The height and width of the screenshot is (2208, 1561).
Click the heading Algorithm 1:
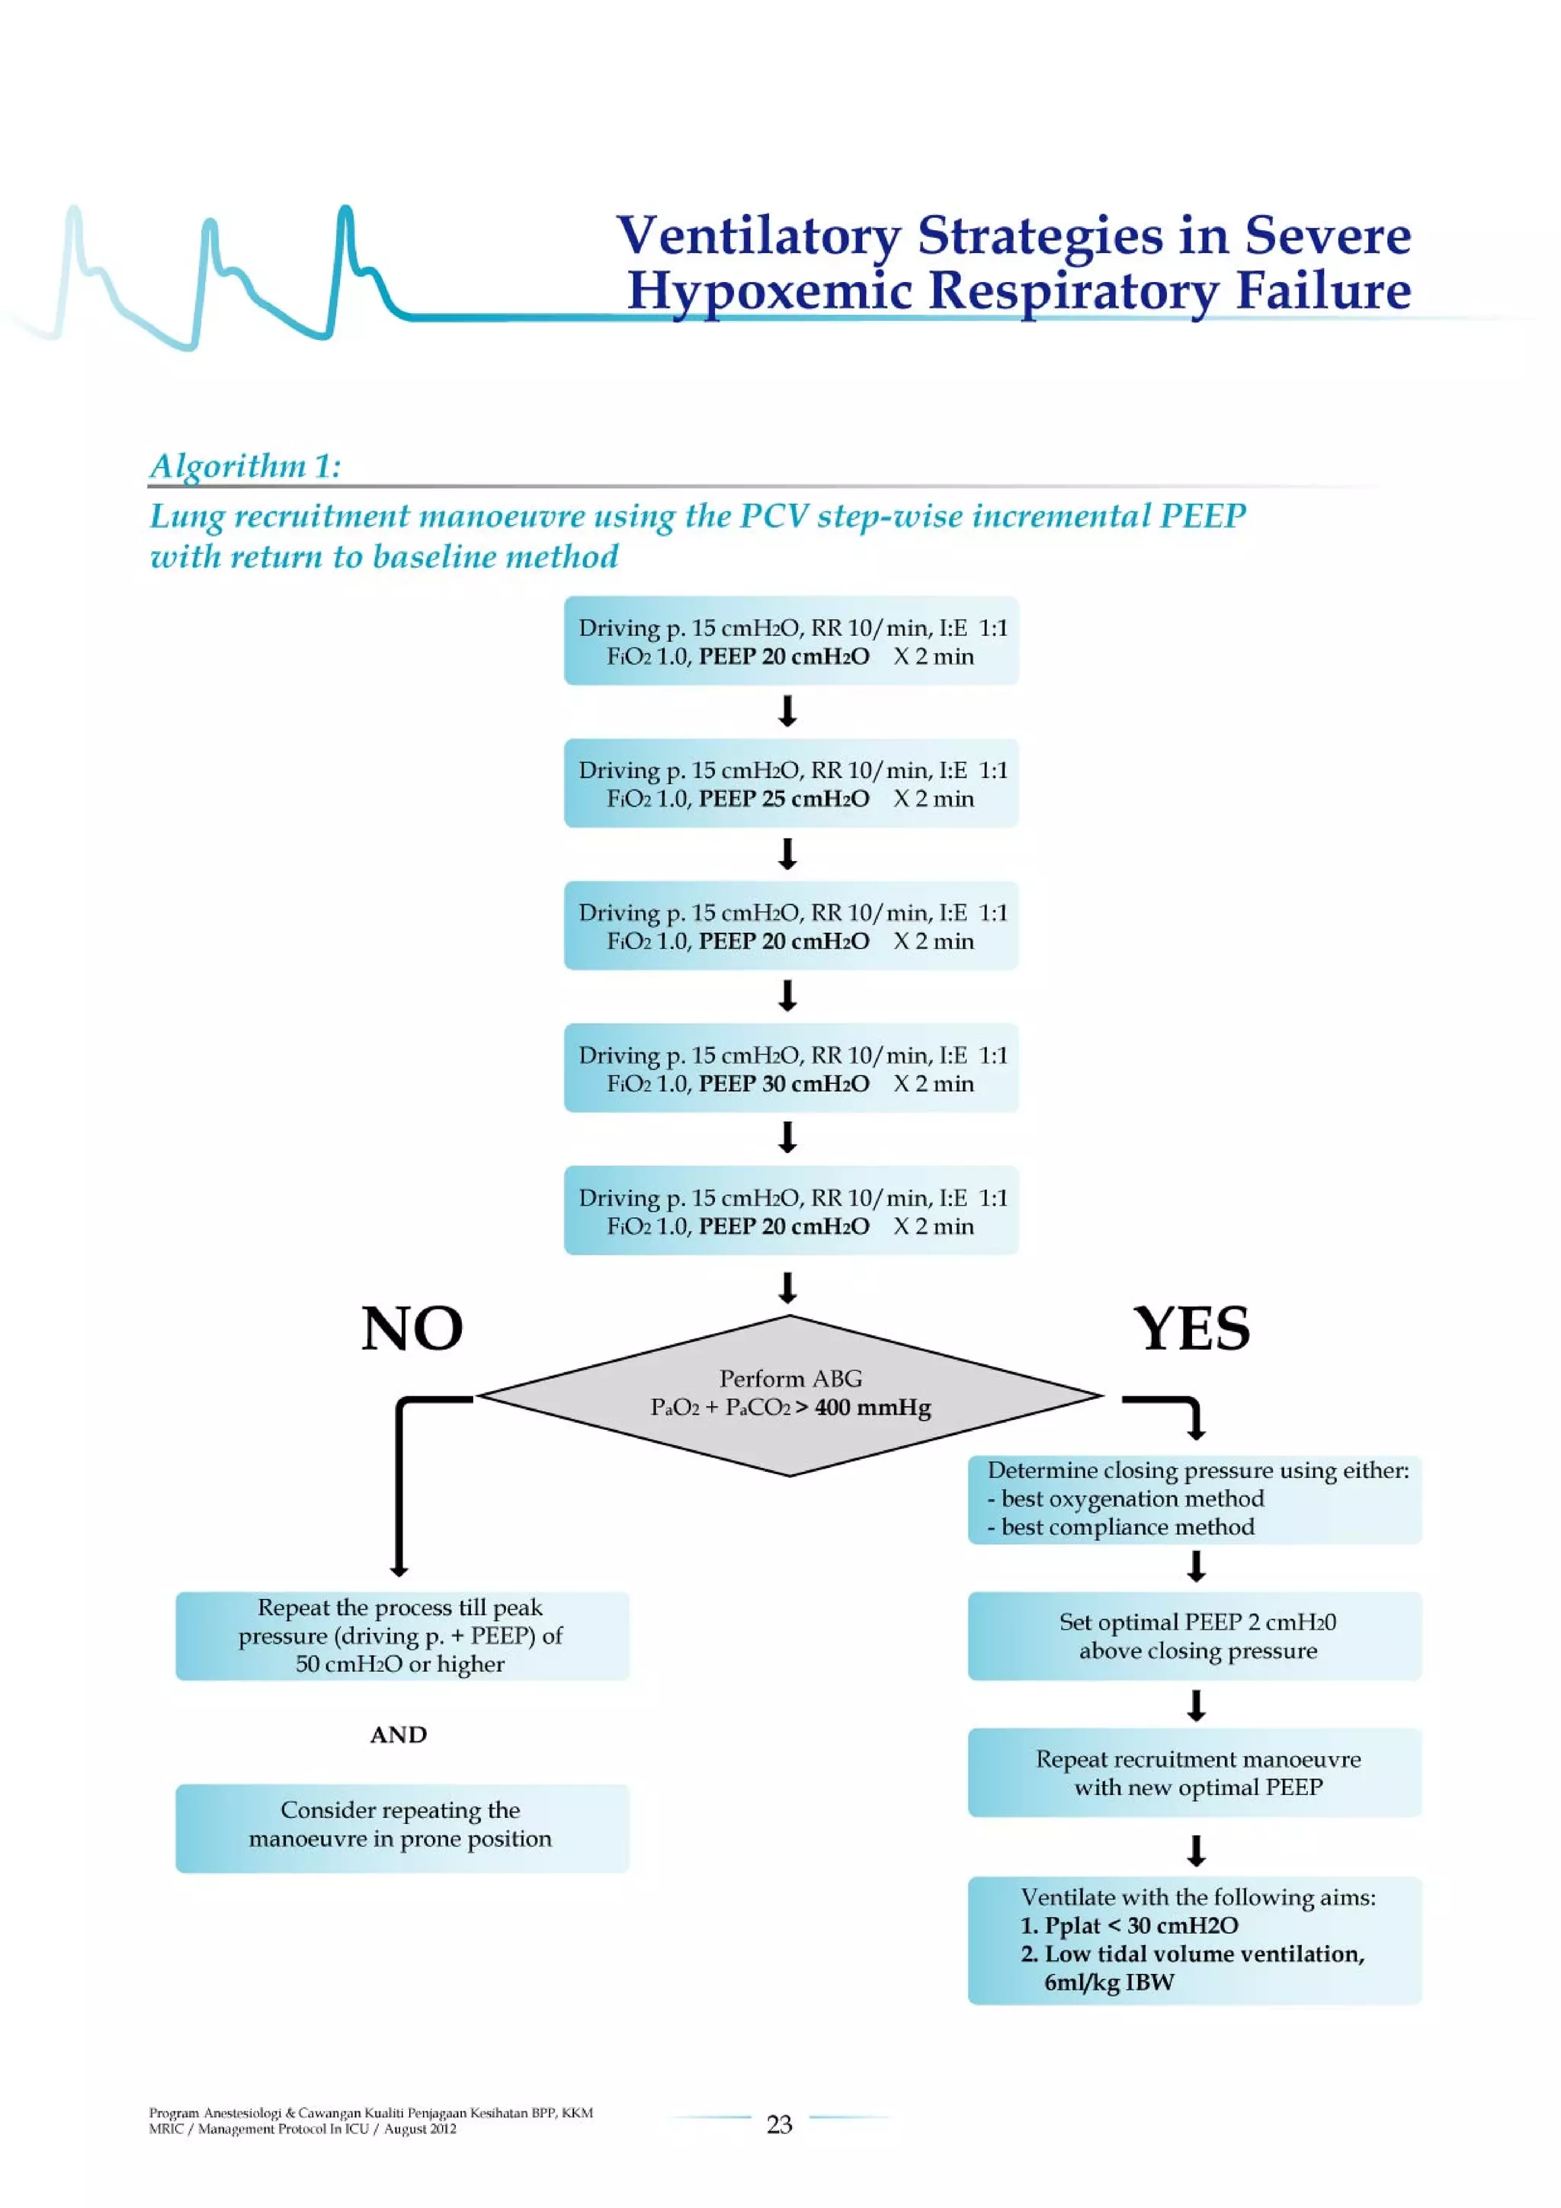click(x=245, y=466)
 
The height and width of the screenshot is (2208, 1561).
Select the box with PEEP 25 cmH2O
click(x=790, y=784)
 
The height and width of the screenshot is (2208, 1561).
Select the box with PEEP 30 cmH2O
click(x=790, y=1069)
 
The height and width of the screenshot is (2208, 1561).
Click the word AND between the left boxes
click(x=398, y=1734)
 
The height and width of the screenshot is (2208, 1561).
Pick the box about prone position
click(x=401, y=1825)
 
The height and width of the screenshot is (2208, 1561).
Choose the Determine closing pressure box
click(x=1194, y=1498)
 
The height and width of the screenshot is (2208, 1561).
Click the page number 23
click(x=779, y=2123)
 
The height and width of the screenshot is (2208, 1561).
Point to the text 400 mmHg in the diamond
click(x=873, y=1408)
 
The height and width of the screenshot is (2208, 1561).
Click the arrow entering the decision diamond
click(x=787, y=1287)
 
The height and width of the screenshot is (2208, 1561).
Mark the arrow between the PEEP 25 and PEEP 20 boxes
click(x=787, y=854)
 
